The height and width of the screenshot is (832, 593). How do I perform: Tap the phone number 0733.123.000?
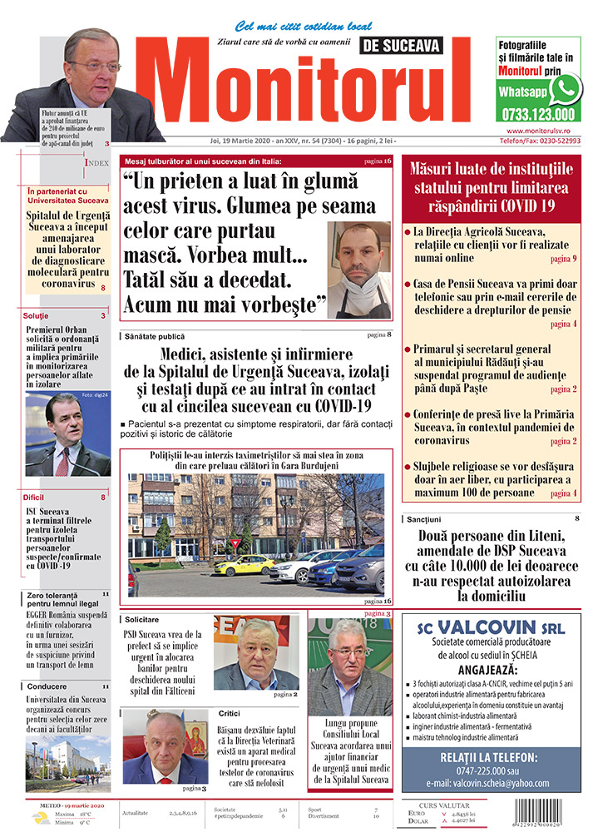tap(538, 115)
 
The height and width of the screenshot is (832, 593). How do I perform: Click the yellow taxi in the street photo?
tap(244, 566)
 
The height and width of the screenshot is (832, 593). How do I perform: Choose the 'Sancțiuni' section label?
tap(428, 519)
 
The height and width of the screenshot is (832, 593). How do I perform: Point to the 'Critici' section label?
tap(230, 713)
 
